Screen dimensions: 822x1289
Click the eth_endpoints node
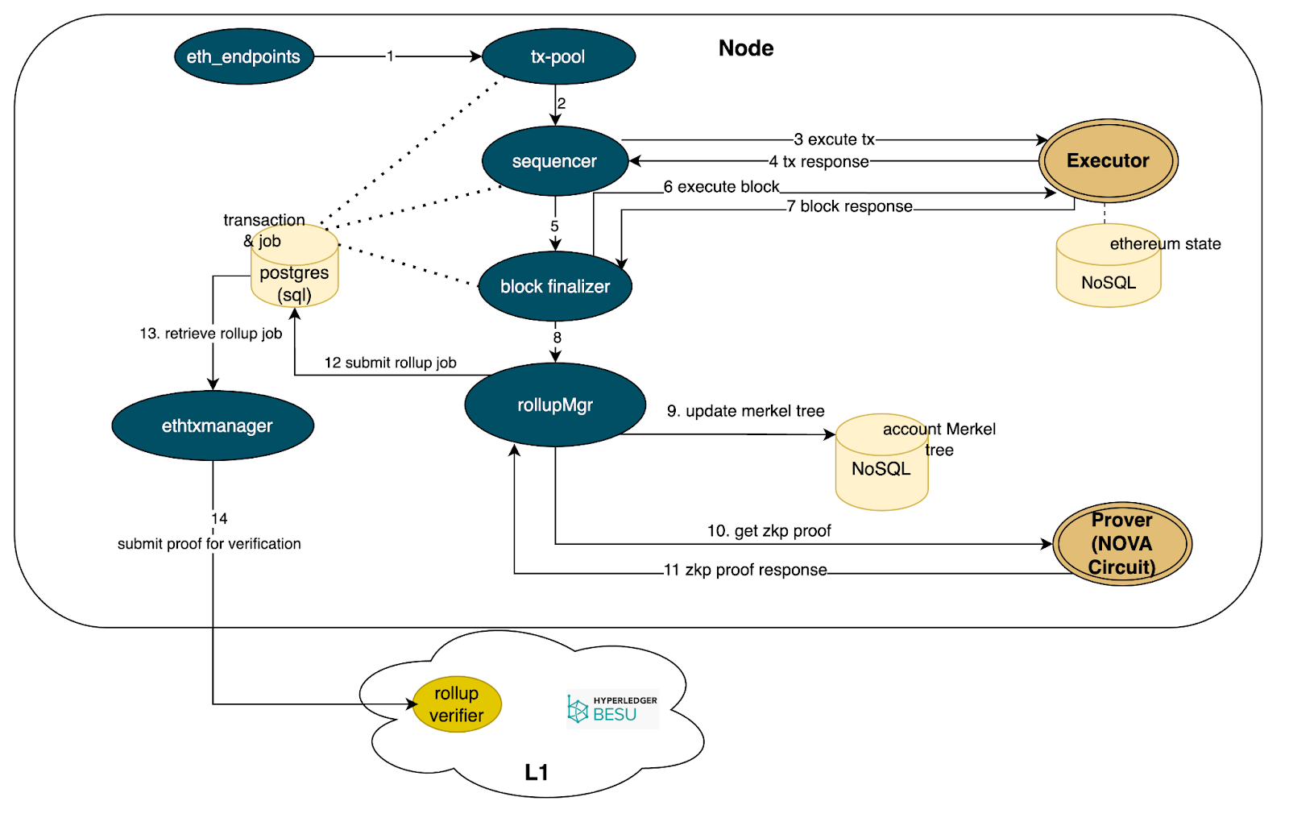(243, 56)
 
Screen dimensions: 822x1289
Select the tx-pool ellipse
(557, 56)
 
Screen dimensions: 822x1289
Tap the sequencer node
(554, 161)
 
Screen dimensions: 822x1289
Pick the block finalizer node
(555, 286)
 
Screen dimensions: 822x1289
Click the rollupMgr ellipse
(555, 405)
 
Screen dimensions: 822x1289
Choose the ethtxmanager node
(213, 426)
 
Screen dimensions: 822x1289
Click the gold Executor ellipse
(1108, 160)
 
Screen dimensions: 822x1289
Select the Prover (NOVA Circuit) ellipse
(1121, 543)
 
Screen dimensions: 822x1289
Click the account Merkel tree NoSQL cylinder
(881, 467)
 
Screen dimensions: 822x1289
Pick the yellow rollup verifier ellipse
(457, 704)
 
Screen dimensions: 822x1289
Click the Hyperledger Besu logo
(612, 709)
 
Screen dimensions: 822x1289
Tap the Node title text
(746, 48)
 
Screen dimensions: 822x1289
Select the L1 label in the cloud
(536, 772)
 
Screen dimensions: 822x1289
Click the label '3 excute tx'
(835, 139)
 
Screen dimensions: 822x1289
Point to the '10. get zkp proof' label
(769, 531)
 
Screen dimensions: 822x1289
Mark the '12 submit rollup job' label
(390, 363)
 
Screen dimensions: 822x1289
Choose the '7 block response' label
(849, 206)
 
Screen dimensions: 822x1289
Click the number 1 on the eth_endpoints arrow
(390, 56)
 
